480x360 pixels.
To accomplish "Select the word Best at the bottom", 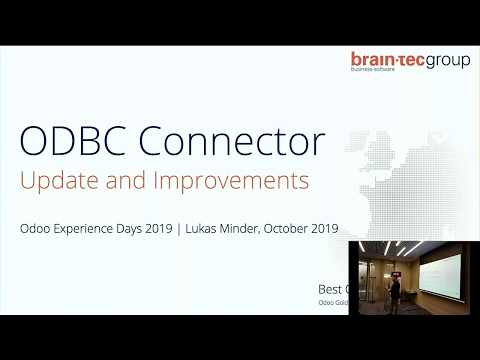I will tap(330, 288).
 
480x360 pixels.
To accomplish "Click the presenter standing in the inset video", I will tap(395, 293).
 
